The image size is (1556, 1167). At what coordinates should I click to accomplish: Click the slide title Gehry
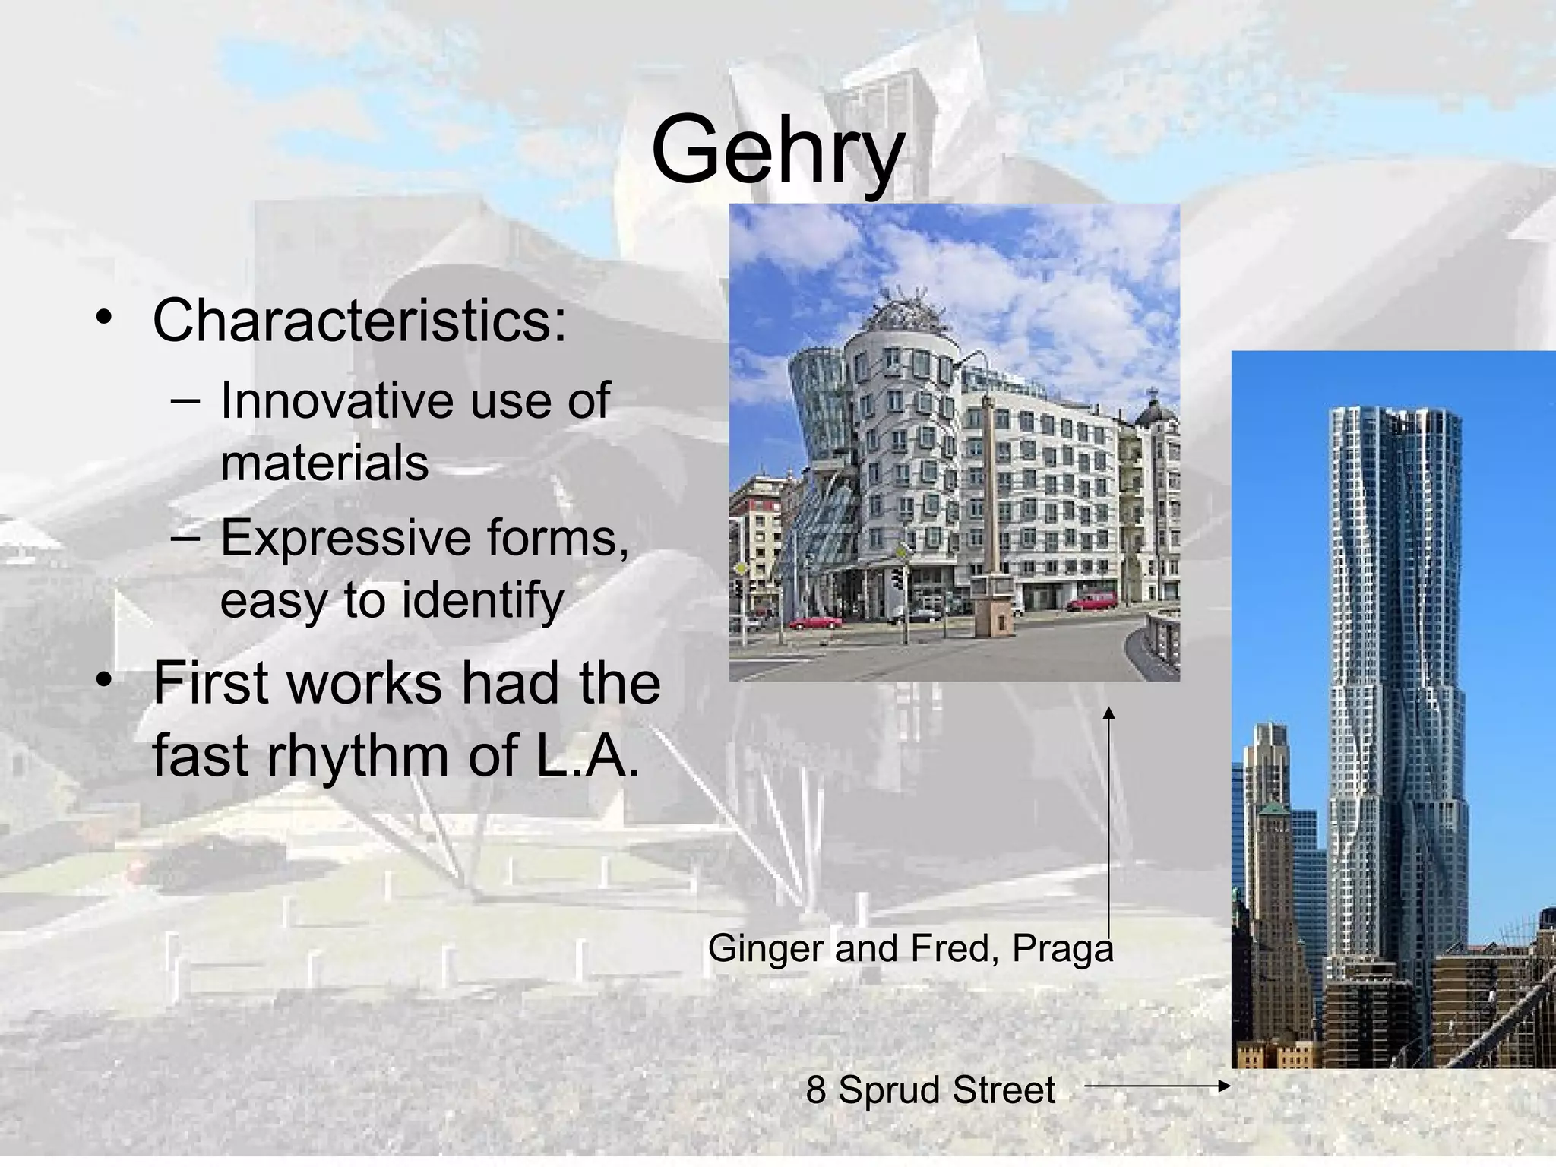[777, 150]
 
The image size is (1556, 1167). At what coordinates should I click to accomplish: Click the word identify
[482, 600]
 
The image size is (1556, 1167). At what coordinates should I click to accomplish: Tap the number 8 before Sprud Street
[816, 1090]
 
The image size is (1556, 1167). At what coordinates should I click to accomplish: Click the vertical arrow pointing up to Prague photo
[1109, 821]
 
